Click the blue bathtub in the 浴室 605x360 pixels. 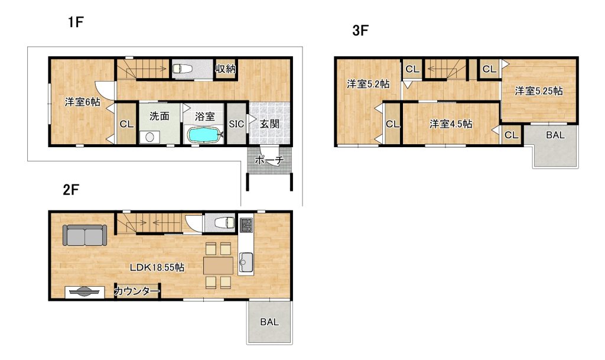tap(205, 135)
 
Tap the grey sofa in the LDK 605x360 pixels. tap(84, 235)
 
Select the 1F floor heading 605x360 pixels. tap(76, 22)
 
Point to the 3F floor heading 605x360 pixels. tap(360, 31)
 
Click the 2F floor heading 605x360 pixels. tap(71, 190)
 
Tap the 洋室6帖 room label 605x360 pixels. tap(83, 102)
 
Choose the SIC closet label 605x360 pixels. tap(236, 124)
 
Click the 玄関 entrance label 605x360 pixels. tap(269, 124)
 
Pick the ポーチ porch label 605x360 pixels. tap(269, 160)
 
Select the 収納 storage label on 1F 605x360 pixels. tap(225, 69)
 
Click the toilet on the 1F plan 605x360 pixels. tap(182, 69)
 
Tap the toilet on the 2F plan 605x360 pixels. tap(224, 223)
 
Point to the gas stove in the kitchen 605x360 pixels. tap(246, 225)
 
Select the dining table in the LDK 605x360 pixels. tap(219, 265)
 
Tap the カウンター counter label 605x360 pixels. tap(137, 291)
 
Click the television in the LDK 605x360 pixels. tap(84, 292)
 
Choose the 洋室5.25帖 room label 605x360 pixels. tap(539, 91)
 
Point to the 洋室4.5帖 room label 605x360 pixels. tap(451, 124)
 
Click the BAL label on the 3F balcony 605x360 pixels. tap(555, 135)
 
